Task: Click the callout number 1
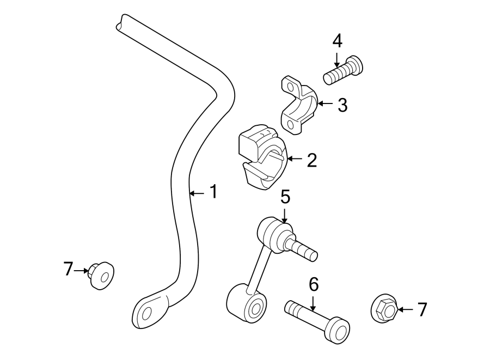coord(213,192)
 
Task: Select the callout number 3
coord(342,105)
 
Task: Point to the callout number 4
coord(337,40)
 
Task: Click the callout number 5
coord(285,197)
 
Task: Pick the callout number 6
coord(313,284)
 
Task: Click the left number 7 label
coord(68,269)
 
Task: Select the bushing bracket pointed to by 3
coord(298,105)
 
